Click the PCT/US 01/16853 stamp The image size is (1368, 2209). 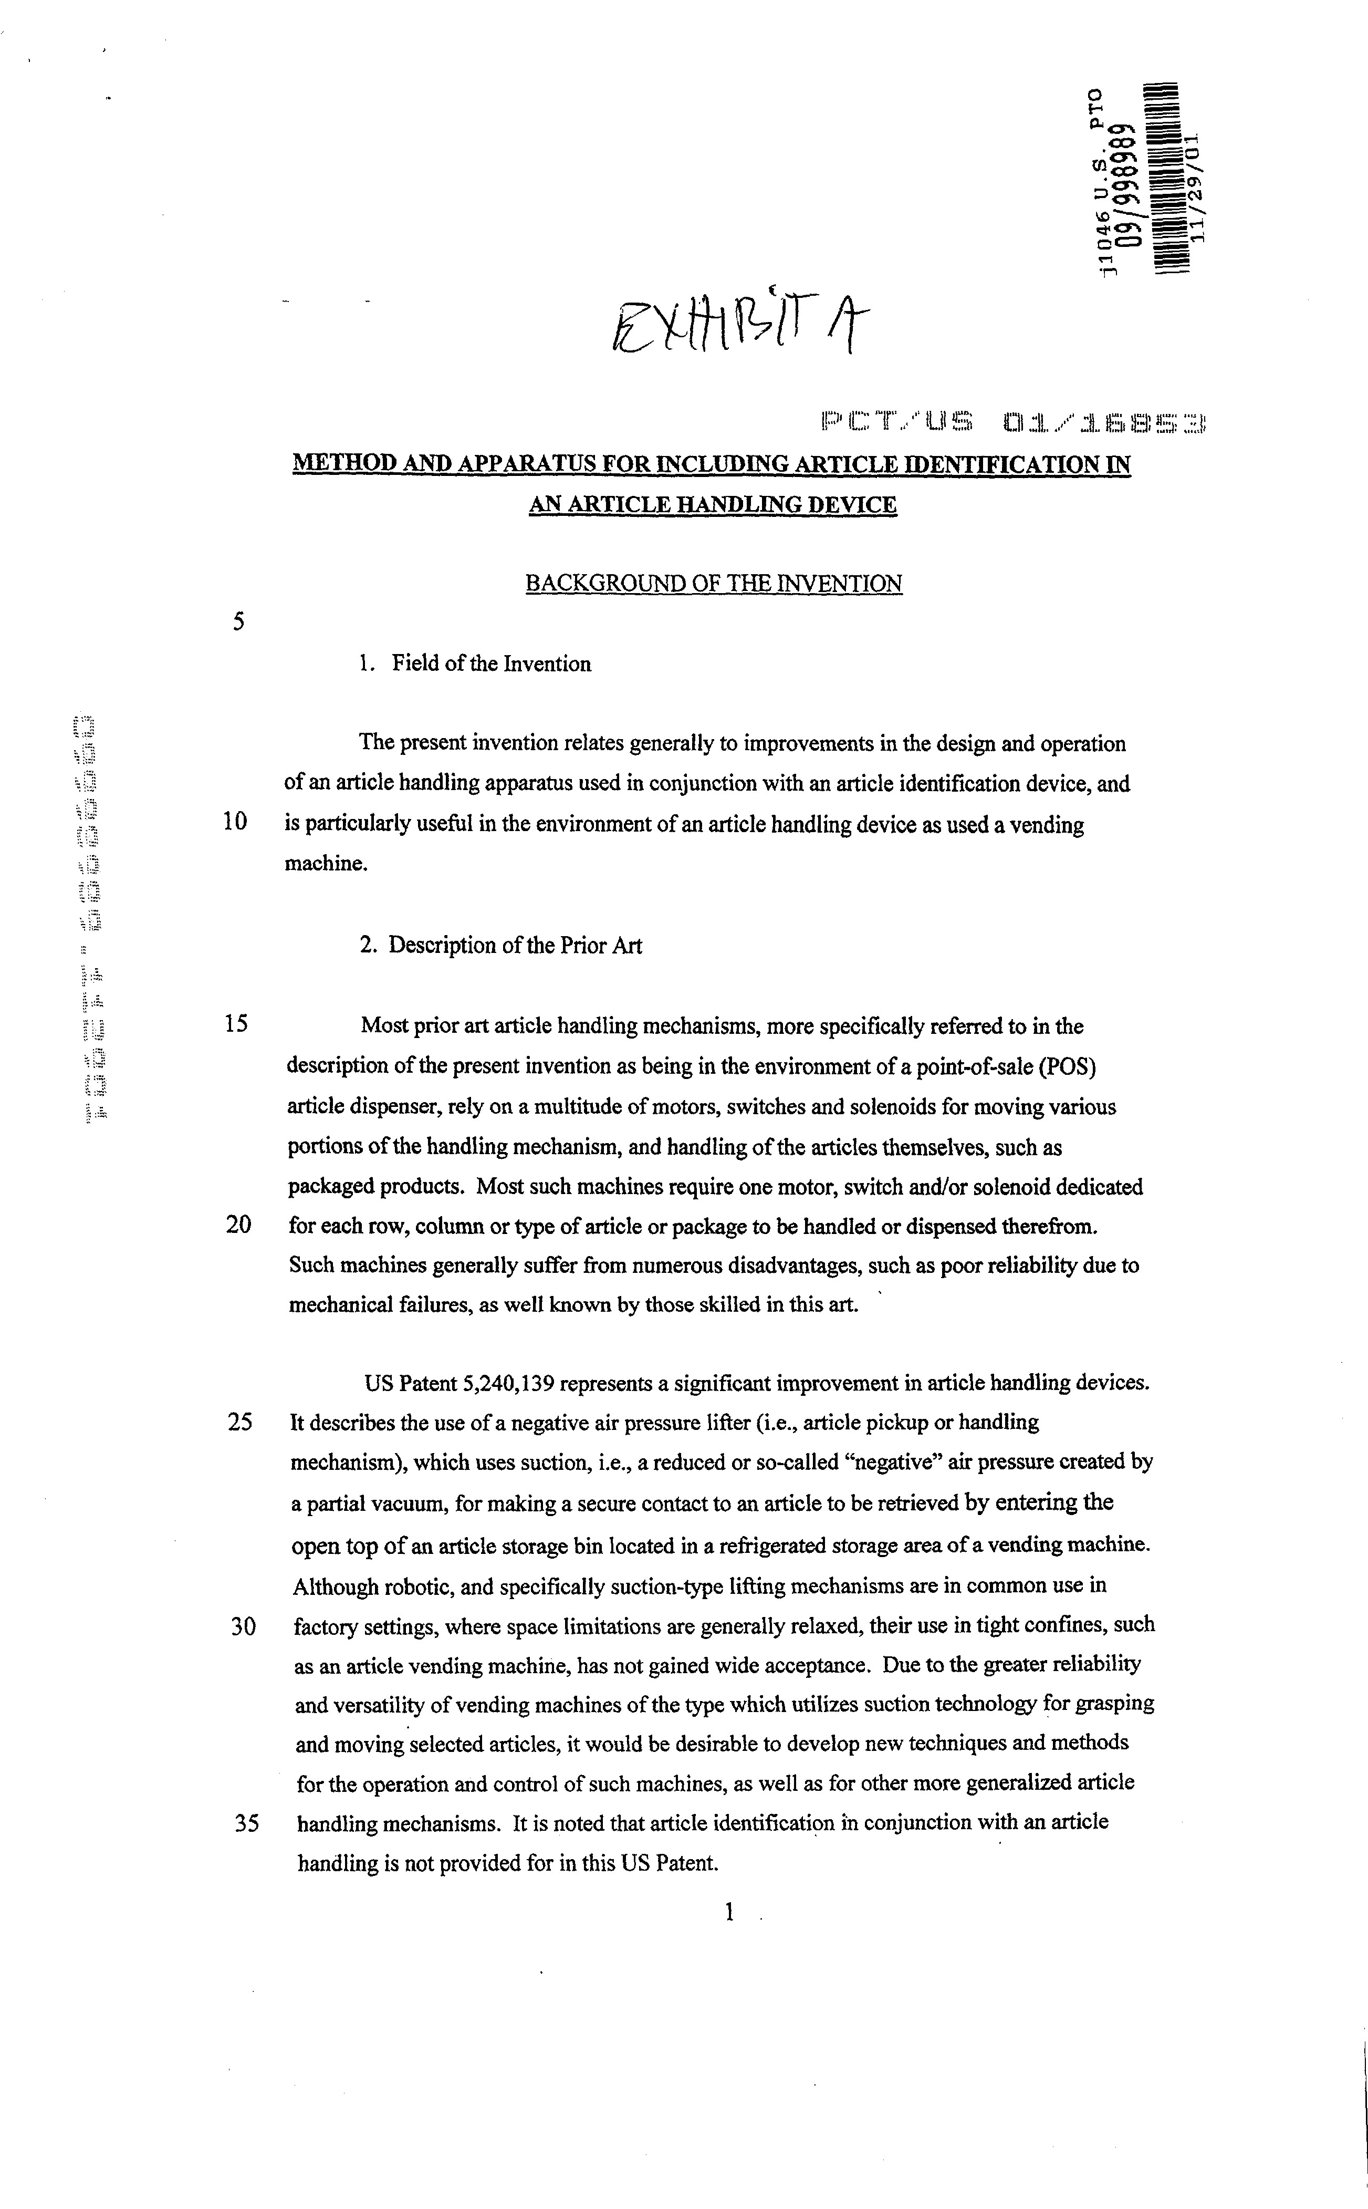[1014, 422]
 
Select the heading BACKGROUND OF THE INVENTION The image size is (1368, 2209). [714, 584]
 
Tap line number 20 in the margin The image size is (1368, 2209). [238, 1225]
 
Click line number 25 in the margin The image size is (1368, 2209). [240, 1422]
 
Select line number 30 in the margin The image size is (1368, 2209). [243, 1626]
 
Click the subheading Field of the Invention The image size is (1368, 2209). [490, 663]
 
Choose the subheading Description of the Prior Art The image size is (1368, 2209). [515, 946]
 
